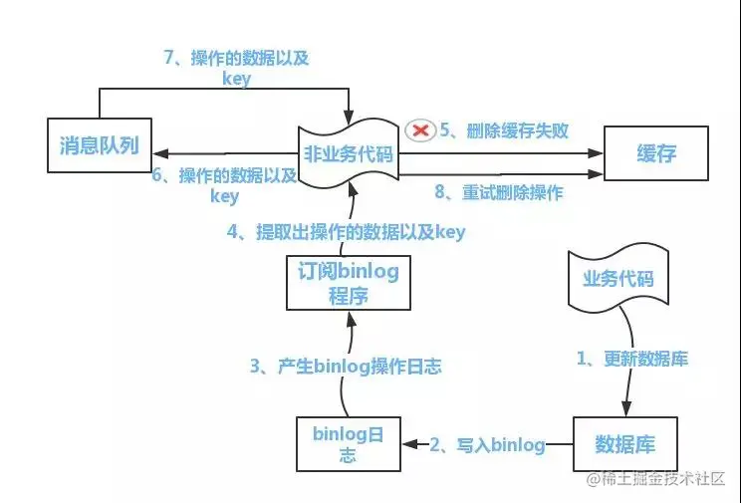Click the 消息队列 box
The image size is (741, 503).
coord(97,146)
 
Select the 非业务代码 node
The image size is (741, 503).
coord(350,153)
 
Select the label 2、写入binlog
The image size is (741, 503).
coord(487,444)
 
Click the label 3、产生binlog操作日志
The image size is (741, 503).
coord(345,367)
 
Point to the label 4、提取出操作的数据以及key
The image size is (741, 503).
coord(346,232)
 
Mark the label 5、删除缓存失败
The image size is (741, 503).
coord(503,130)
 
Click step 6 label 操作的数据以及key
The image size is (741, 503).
coord(225,185)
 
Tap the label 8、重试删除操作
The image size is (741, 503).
coord(498,192)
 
